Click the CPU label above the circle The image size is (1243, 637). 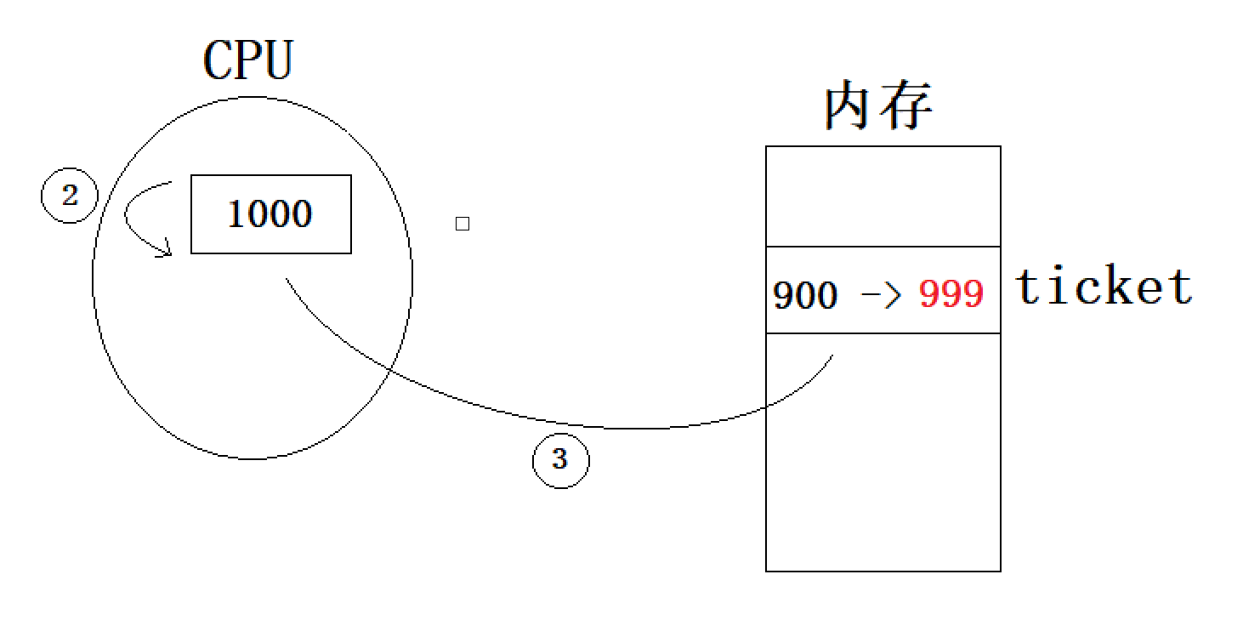[247, 60]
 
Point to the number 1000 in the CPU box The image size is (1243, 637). [270, 214]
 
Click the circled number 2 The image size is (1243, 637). [70, 196]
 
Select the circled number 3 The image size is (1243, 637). [559, 460]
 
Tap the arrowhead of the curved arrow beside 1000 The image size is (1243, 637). [166, 250]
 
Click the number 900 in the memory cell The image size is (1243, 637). [804, 295]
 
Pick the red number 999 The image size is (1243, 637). [951, 295]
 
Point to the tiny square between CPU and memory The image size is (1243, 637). [463, 224]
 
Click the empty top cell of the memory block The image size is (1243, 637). [883, 196]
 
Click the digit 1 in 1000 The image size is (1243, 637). [236, 214]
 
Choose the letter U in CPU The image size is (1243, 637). [277, 60]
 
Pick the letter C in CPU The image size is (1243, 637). [217, 60]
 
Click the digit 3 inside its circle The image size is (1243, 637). [559, 460]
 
